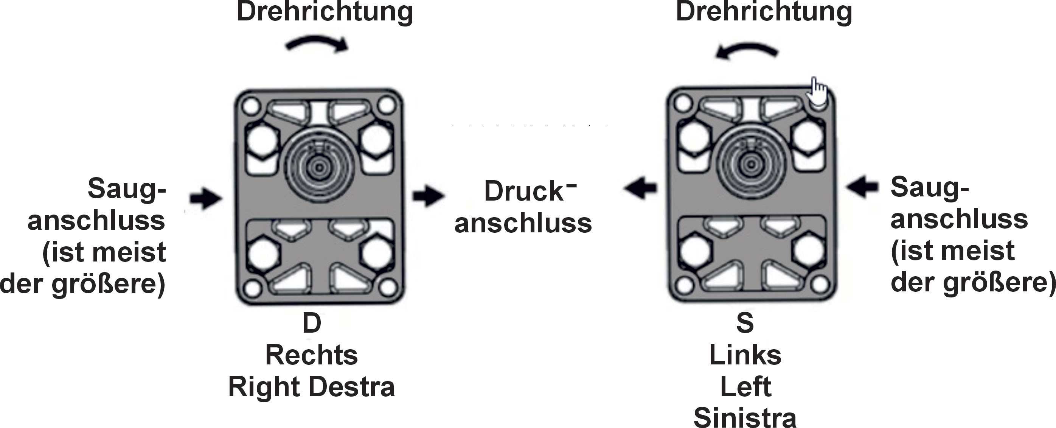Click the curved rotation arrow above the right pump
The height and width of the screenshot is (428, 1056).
coord(747,48)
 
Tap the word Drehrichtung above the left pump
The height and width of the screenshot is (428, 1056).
coord(325,12)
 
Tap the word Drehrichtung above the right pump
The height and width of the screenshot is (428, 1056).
coord(764,12)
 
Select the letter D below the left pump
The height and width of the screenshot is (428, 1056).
coord(312,323)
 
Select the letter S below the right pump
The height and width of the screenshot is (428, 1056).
coord(745,323)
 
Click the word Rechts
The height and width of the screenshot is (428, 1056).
coord(312,355)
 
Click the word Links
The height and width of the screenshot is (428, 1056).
coord(745,355)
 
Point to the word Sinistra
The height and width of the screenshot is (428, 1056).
coord(745,417)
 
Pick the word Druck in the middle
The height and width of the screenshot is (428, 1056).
coord(524,191)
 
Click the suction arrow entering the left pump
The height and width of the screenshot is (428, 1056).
coord(206,198)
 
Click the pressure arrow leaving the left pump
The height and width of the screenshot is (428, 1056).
coord(429,195)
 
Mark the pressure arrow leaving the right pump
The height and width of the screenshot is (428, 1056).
coord(640,188)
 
